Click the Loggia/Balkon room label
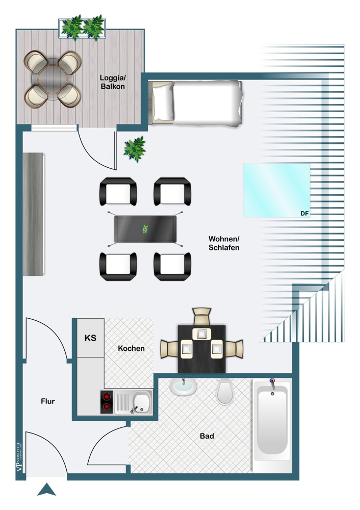[112, 82]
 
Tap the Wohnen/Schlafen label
[224, 243]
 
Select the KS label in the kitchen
[90, 338]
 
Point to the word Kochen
[131, 348]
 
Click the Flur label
[48, 401]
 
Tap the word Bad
[207, 436]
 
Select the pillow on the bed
[163, 102]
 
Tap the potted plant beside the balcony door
[135, 148]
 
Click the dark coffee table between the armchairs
[146, 229]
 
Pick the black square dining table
[201, 348]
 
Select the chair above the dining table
[202, 316]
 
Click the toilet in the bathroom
[224, 391]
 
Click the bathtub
[273, 421]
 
